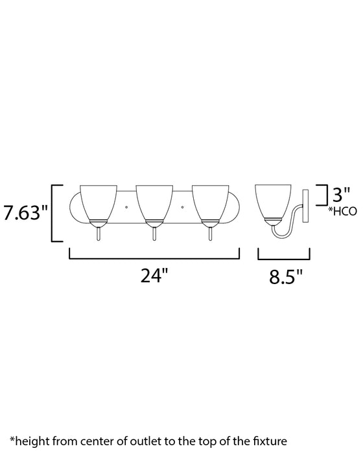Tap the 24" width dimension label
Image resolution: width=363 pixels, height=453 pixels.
tap(154, 276)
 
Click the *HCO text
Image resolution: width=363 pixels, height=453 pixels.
tap(342, 211)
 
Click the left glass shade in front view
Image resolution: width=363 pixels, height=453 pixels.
tap(97, 201)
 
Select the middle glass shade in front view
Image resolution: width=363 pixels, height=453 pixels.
tap(154, 201)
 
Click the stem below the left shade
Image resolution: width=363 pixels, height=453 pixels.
tap(97, 234)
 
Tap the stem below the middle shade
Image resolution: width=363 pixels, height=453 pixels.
tap(154, 234)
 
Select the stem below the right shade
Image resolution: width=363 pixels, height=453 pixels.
tap(209, 234)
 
